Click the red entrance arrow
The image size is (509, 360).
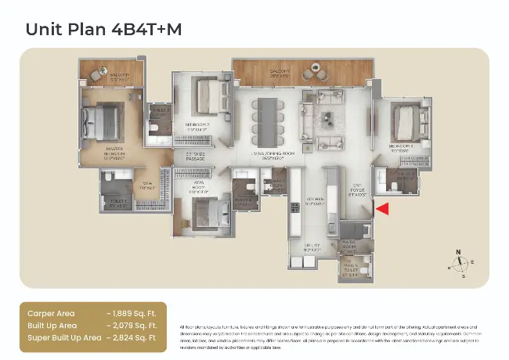tap(383, 208)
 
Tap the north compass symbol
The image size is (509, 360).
tap(460, 263)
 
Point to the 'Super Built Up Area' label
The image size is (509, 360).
tap(64, 337)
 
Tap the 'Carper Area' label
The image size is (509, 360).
tap(52, 312)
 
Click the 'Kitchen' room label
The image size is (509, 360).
tap(314, 199)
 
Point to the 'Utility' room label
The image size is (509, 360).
tap(311, 247)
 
